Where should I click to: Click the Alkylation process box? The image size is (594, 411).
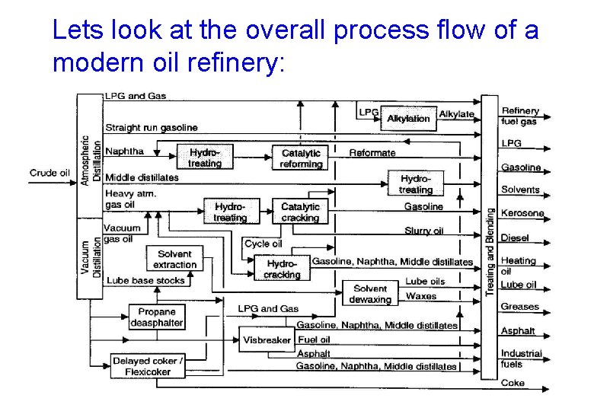coord(407,118)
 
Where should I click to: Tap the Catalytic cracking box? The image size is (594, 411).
coord(300,212)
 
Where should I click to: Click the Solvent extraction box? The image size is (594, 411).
coord(174,260)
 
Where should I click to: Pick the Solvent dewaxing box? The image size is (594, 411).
coord(370,294)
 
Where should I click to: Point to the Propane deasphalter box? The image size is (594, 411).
coord(156,317)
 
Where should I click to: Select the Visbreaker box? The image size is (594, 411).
coord(267,339)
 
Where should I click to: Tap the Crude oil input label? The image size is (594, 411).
coord(49,173)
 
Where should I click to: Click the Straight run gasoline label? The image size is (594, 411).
coord(151,127)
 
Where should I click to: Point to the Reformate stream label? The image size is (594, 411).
coord(372,153)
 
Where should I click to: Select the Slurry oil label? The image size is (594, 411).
coord(423,231)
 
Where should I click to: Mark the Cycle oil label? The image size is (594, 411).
coord(263,244)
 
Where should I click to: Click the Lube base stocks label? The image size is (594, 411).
coord(145,280)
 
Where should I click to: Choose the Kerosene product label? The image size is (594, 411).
coord(522,213)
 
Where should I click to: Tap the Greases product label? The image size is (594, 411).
coord(519,307)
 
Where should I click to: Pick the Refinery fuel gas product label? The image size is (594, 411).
coord(519,116)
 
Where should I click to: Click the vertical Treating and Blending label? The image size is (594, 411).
coord(490,251)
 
